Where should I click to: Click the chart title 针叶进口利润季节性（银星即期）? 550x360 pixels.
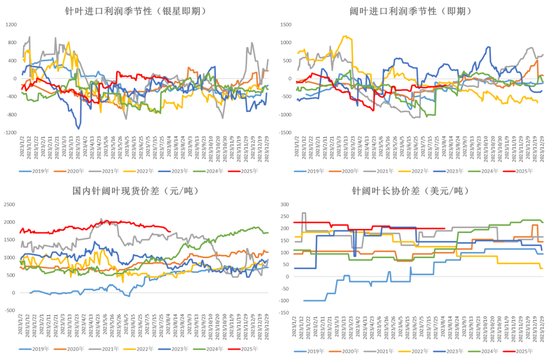[136, 11]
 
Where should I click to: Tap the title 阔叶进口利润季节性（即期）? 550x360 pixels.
[411, 11]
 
